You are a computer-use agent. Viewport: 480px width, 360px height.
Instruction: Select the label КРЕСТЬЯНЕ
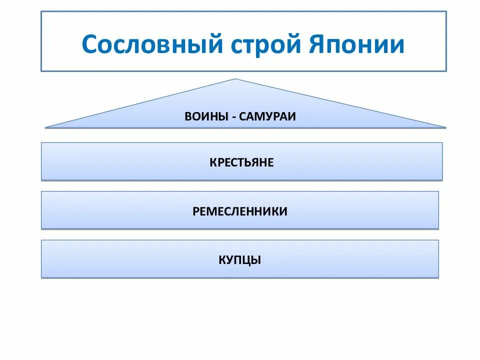[x=241, y=162]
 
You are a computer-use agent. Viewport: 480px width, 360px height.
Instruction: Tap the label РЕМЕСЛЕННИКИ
[x=240, y=211]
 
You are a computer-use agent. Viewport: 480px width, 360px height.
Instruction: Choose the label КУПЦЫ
[x=240, y=260]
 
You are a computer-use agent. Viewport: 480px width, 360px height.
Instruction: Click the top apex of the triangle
[x=235, y=79]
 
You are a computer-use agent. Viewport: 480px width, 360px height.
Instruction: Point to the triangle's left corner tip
[x=45, y=127]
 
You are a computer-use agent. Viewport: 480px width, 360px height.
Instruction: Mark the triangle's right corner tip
[x=445, y=127]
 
